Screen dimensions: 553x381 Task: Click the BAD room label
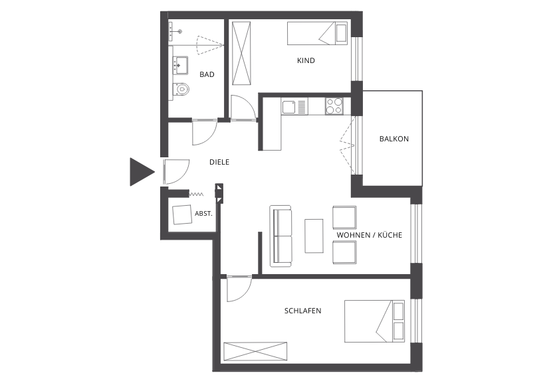[x=207, y=74]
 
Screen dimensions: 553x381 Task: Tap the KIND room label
[x=306, y=60]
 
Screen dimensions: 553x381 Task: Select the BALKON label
[x=394, y=139]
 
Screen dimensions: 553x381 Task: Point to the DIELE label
[x=219, y=162]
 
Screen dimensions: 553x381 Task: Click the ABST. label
[x=203, y=213]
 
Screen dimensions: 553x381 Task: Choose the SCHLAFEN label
[x=302, y=311]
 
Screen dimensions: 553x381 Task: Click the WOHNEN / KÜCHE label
[x=370, y=235]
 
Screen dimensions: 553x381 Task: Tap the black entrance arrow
[x=142, y=172]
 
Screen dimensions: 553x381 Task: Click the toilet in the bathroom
[x=181, y=89]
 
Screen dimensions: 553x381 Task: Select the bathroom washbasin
[x=180, y=65]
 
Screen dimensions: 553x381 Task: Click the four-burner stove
[x=334, y=106]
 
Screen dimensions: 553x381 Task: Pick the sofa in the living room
[x=281, y=236]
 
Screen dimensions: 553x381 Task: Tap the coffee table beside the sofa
[x=314, y=236]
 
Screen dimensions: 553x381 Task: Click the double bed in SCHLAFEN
[x=375, y=321]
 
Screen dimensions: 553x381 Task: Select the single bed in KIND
[x=318, y=33]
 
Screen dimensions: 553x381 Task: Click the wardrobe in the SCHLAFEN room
[x=255, y=351]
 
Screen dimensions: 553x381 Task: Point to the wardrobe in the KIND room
[x=241, y=53]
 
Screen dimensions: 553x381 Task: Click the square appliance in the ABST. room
[x=182, y=214]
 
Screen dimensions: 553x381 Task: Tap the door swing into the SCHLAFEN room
[x=239, y=289]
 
